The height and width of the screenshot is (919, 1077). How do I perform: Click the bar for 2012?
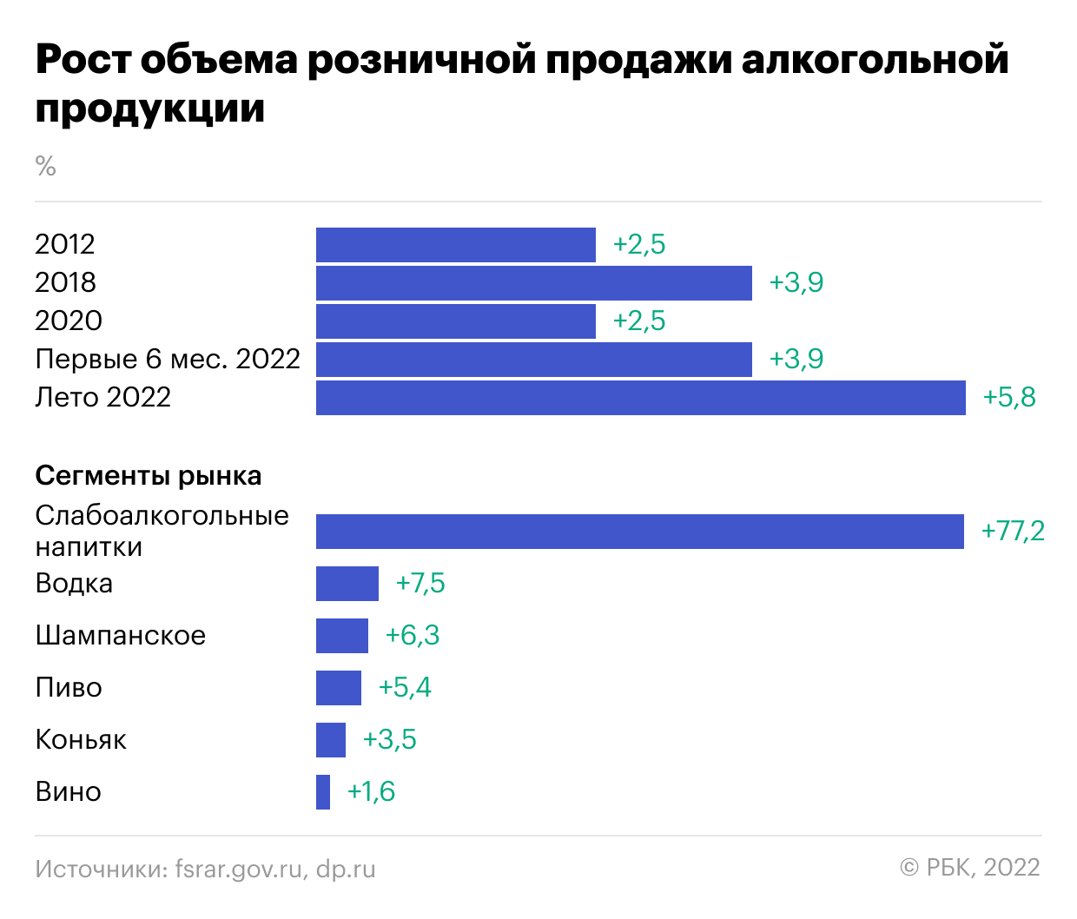pyautogui.click(x=455, y=245)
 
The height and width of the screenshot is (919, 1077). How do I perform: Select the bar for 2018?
pyautogui.click(x=533, y=283)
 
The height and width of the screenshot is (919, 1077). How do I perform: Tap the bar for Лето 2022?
pyautogui.click(x=640, y=398)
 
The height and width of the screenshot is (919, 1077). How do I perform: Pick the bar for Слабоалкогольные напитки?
pyautogui.click(x=639, y=532)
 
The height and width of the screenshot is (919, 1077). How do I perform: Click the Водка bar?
pyautogui.click(x=347, y=584)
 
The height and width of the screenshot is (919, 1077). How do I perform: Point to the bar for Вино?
pyautogui.click(x=323, y=792)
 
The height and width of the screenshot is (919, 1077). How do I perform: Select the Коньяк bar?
pyautogui.click(x=331, y=740)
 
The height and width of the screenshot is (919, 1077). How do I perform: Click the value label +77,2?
pyautogui.click(x=1012, y=531)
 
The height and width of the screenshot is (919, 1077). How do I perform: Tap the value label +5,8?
pyautogui.click(x=1009, y=397)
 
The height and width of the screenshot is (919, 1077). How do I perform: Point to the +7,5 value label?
pyautogui.click(x=420, y=583)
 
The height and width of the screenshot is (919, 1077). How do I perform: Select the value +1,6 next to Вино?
pyautogui.click(x=371, y=791)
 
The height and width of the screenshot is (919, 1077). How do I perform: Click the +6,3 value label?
pyautogui.click(x=413, y=635)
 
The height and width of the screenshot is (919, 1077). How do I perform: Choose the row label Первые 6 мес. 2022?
pyautogui.click(x=168, y=359)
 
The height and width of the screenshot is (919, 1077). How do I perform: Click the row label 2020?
pyautogui.click(x=69, y=321)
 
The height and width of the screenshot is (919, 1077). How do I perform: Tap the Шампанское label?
pyautogui.click(x=121, y=635)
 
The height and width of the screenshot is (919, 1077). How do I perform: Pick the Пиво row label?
pyautogui.click(x=69, y=687)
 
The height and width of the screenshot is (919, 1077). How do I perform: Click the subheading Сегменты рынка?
pyautogui.click(x=149, y=476)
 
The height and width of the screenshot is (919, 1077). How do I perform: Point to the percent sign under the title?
pyautogui.click(x=45, y=165)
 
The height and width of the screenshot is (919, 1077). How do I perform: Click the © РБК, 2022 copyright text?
pyautogui.click(x=970, y=868)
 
